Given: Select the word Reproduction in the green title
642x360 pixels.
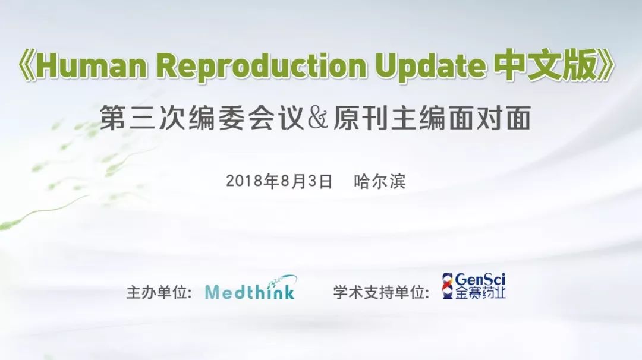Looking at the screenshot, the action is pos(262,67).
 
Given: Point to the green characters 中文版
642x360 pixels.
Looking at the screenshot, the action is pos(545,65).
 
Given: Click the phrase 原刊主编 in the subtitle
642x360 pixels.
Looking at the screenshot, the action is pos(391,118).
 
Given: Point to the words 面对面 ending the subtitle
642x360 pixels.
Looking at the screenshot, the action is pos(490,118).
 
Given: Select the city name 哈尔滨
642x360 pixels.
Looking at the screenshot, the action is pos(380,181).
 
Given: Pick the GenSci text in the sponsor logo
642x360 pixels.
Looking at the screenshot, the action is pos(480,280).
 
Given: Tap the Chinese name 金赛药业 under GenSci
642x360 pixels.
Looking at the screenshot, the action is pos(480,293).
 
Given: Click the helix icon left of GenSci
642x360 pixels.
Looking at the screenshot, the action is pos(448,286).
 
